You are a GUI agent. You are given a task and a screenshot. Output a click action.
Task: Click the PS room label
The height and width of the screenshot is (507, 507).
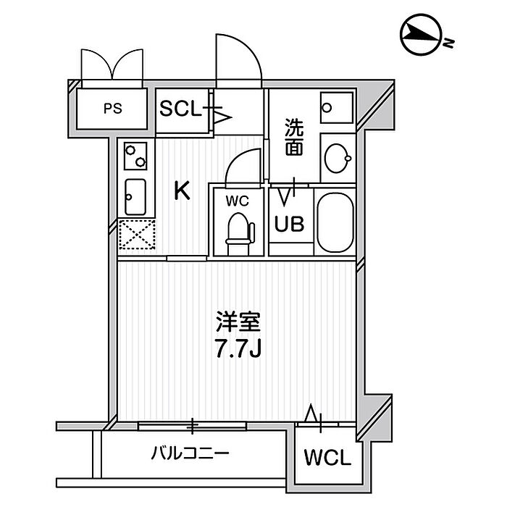[113, 109]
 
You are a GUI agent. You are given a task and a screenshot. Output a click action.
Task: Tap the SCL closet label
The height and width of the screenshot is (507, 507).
[180, 109]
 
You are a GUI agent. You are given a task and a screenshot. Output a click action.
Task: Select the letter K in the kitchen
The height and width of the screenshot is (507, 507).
[182, 190]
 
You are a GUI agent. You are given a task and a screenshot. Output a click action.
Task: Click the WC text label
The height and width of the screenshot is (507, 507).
[238, 201]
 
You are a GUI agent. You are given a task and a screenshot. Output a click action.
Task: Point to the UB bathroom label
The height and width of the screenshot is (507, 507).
[289, 224]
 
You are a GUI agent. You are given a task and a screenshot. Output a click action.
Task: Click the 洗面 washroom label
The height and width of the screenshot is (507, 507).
[294, 137]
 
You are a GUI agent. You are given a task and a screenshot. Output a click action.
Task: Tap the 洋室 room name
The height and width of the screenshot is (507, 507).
[238, 322]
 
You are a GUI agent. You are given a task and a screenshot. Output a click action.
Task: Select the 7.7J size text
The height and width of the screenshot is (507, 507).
[238, 349]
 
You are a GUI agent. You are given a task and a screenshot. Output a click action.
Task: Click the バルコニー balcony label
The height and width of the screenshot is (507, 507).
[190, 453]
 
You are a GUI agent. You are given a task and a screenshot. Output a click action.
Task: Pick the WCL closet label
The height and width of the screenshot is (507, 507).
[327, 457]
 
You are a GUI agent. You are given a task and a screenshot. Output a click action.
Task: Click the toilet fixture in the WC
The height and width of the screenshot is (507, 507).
[240, 234]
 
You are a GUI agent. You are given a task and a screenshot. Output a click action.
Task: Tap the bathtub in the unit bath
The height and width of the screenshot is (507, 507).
[335, 222]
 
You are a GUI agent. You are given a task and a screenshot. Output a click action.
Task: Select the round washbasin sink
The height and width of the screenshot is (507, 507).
[338, 159]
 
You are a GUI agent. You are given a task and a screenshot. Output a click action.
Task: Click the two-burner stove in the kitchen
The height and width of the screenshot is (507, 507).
[135, 156]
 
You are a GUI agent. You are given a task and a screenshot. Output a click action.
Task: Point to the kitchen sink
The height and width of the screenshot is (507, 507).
[135, 197]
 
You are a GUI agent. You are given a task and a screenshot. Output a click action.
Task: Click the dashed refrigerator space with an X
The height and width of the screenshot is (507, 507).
[137, 235]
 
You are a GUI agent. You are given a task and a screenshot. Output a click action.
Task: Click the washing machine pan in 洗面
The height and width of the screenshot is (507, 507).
[337, 107]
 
